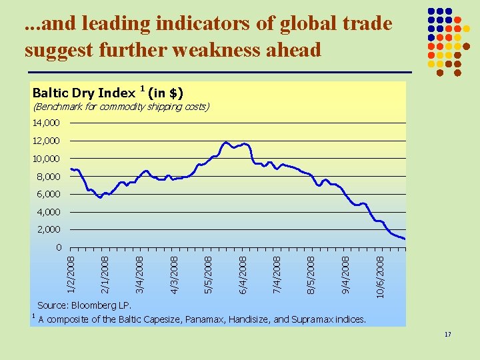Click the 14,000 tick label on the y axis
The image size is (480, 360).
46,123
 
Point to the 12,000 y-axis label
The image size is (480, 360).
46,141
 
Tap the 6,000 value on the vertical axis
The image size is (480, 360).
49,194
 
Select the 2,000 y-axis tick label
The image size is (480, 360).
49,229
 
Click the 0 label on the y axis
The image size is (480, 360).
59,247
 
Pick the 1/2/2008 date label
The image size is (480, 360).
71,275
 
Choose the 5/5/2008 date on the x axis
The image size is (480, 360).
208,275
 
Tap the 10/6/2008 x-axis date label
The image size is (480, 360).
380,277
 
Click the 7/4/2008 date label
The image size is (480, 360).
277,275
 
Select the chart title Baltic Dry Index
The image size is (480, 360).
84,93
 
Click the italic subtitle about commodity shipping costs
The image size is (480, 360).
121,107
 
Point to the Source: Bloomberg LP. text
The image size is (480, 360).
84,305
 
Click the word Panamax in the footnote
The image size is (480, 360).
205,319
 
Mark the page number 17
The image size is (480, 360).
447,334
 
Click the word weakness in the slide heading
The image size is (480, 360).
216,49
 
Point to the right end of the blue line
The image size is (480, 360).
405,239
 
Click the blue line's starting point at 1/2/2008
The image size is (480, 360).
71,169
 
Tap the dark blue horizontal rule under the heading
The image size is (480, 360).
220,72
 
